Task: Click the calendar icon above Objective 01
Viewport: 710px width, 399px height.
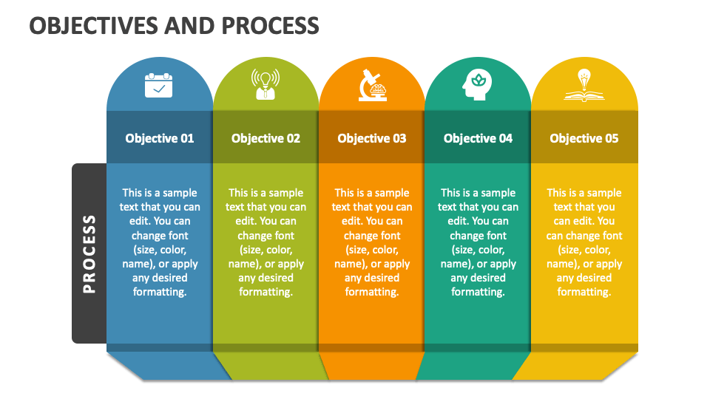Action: pyautogui.click(x=158, y=85)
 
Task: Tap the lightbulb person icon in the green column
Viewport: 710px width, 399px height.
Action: pyautogui.click(x=266, y=83)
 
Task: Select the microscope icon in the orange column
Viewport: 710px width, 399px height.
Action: pyautogui.click(x=372, y=85)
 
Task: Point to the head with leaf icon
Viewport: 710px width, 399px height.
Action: pyautogui.click(x=477, y=84)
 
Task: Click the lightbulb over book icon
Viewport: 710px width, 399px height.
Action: pyautogui.click(x=584, y=85)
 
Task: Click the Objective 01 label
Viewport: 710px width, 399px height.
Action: pyautogui.click(x=160, y=138)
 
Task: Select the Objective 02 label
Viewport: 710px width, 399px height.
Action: pyautogui.click(x=266, y=138)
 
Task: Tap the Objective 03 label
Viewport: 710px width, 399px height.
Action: pyautogui.click(x=372, y=138)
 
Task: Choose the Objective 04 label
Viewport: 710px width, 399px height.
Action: pyautogui.click(x=478, y=138)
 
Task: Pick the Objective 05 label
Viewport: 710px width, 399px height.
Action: pyautogui.click(x=584, y=138)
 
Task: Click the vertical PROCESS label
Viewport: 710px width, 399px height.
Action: pyautogui.click(x=89, y=253)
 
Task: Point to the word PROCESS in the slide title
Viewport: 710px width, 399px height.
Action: pyautogui.click(x=271, y=26)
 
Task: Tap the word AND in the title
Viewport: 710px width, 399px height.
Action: pyautogui.click(x=189, y=26)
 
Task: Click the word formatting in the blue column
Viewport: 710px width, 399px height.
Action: pyautogui.click(x=160, y=293)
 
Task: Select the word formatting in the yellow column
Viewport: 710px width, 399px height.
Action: pyautogui.click(x=584, y=293)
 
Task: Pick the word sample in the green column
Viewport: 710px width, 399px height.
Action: pyautogui.click(x=285, y=193)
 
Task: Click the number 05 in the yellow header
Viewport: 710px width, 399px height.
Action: pyautogui.click(x=612, y=138)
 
